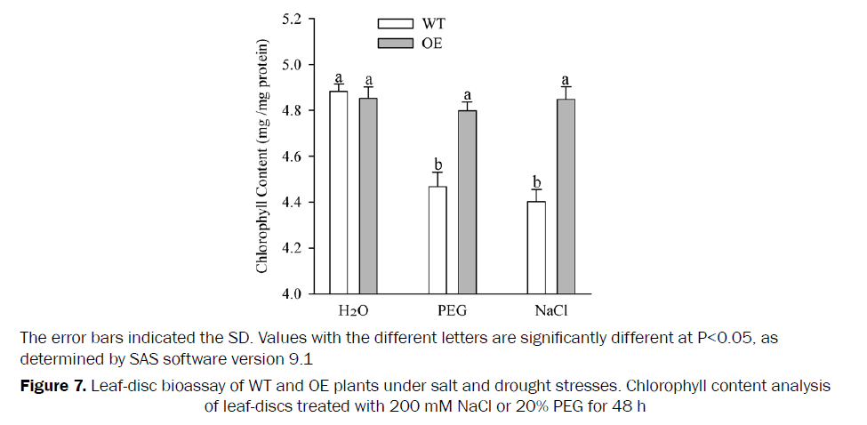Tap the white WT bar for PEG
click(x=438, y=239)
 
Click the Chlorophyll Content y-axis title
click(x=263, y=156)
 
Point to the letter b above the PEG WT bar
click(x=438, y=165)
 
